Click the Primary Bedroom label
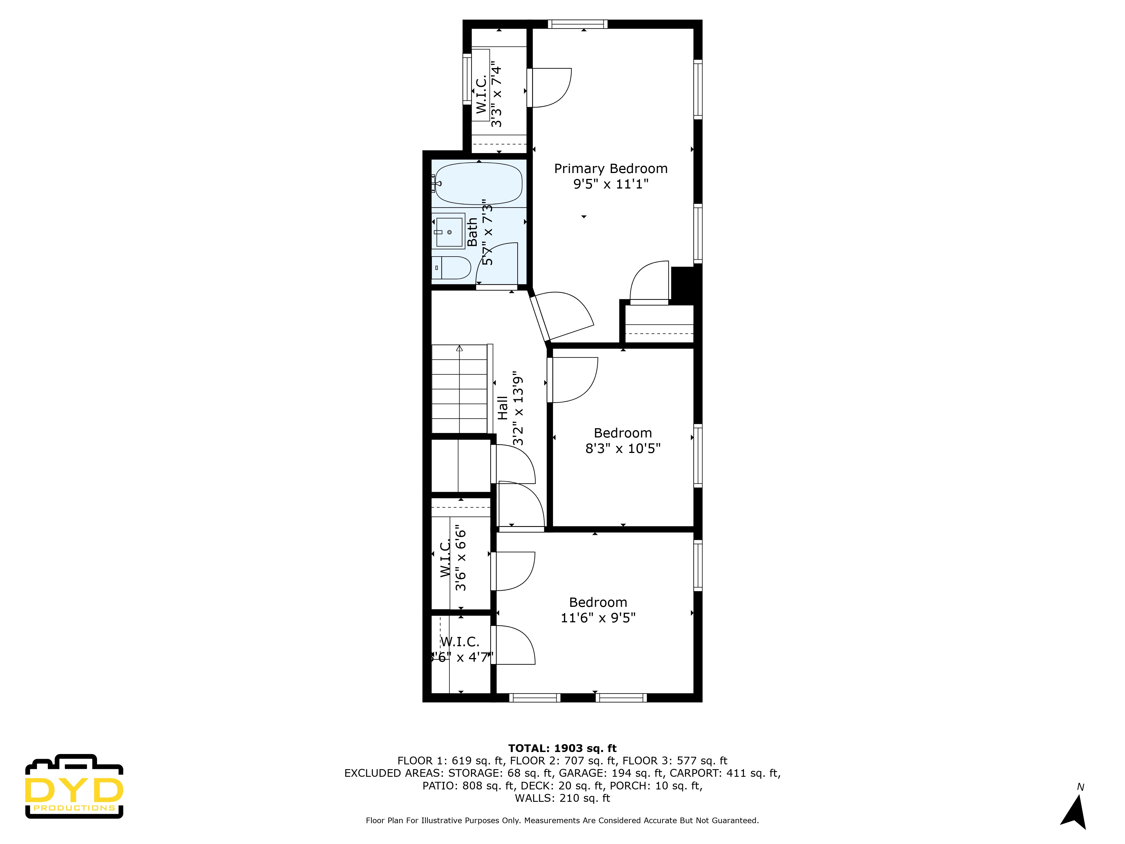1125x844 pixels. tap(610, 169)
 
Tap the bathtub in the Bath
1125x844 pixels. tap(478, 183)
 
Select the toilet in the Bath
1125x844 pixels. tap(452, 268)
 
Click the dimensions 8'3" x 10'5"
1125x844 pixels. tap(622, 448)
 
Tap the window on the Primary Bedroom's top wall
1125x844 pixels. tap(577, 24)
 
